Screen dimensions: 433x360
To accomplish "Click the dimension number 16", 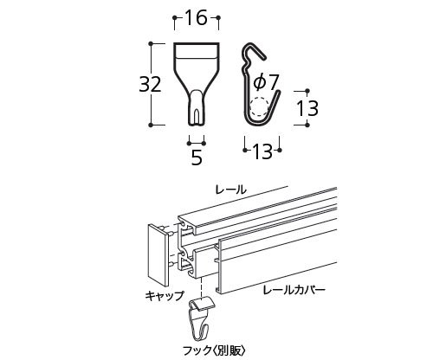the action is coord(196,17).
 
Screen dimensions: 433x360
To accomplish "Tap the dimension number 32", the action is coord(150,85).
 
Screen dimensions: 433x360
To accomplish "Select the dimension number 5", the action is coord(197,157).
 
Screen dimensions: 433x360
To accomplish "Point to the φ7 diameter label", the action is coord(266,82).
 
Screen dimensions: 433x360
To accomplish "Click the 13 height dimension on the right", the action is coord(307,108).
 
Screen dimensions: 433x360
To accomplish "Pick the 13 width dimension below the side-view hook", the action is coord(262,151).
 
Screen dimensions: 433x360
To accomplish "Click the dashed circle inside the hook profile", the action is coord(259,107).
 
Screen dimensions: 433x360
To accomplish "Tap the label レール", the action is coord(230,190).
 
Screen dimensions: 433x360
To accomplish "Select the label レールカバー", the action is coord(294,290).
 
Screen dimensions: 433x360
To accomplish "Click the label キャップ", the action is coord(165,296).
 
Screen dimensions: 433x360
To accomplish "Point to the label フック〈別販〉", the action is coord(215,350).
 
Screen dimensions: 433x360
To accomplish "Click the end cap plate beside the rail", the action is coord(158,254).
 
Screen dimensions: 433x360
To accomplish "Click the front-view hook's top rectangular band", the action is coord(197,50).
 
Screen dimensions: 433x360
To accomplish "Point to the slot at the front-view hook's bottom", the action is coord(197,115).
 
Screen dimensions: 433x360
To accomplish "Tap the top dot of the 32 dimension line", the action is coord(151,43).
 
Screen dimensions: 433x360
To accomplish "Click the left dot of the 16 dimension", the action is coord(174,18).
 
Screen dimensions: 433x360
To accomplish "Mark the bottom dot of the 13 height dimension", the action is coord(307,125).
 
